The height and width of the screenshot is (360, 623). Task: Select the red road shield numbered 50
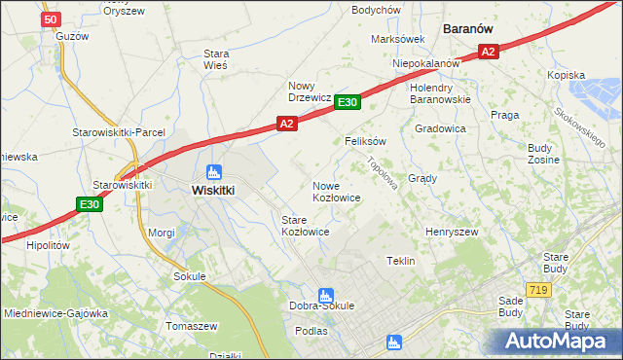(x=53, y=18)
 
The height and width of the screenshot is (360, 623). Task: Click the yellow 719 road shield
(x=536, y=290)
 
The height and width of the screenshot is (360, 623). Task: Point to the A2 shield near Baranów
(x=489, y=52)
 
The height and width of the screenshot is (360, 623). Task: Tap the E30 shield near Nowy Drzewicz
(x=348, y=102)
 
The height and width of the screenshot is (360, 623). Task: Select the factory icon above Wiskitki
(x=214, y=171)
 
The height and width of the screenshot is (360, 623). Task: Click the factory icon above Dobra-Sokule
(x=325, y=294)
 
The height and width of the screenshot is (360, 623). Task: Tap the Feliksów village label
(x=366, y=141)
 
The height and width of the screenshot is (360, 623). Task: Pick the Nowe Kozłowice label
(x=337, y=192)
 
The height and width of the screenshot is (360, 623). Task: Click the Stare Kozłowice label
(x=305, y=227)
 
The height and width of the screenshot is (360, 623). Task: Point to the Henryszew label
(x=451, y=233)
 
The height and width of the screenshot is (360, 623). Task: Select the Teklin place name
(x=401, y=261)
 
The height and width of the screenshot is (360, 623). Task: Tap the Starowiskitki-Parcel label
(x=119, y=132)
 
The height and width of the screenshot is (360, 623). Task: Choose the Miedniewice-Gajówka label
(x=54, y=314)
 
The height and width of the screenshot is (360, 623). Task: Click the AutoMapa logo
(x=557, y=342)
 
